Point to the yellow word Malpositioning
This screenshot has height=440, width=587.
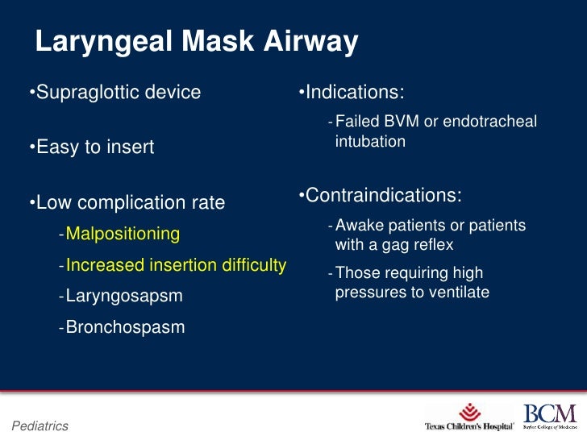point(123,234)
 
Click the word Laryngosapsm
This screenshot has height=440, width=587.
point(124,296)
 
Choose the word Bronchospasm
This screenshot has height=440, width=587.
point(125,327)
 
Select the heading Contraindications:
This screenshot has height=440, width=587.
point(380,195)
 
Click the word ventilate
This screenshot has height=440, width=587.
point(460,293)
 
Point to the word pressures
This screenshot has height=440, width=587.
point(368,293)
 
